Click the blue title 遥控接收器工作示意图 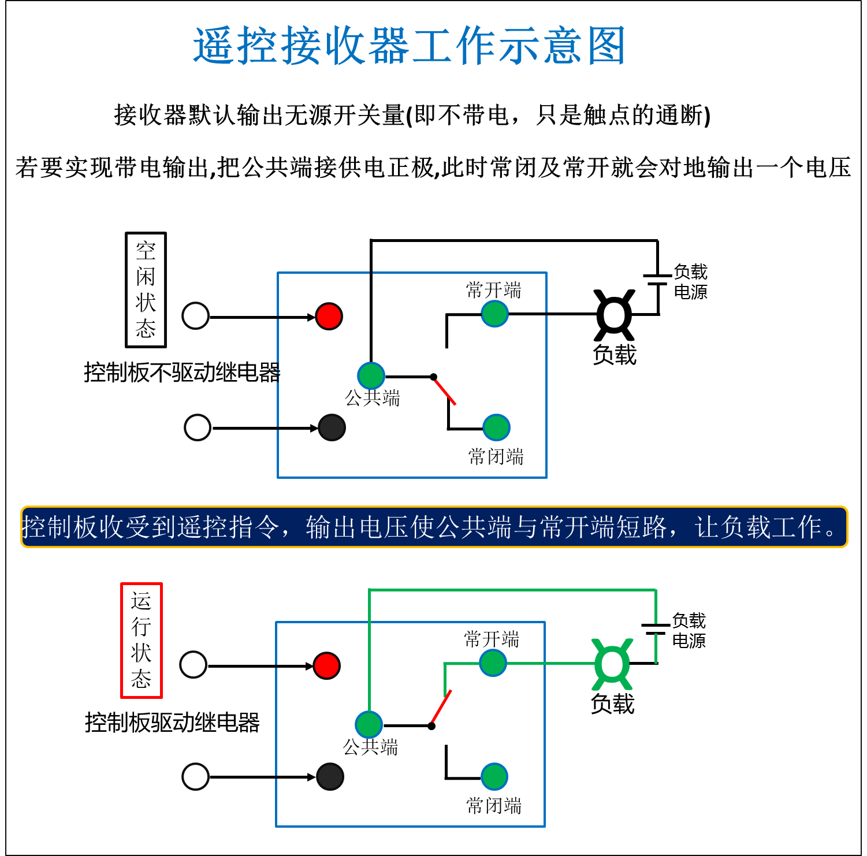409,46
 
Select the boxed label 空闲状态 146,290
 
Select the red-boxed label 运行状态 142,640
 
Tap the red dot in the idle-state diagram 329,317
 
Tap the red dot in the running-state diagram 327,666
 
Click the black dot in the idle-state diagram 332,428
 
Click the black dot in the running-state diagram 330,777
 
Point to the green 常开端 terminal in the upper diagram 494,314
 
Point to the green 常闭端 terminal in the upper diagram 496,428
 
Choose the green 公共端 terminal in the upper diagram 371,376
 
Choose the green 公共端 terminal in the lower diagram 369,725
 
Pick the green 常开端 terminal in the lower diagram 493,663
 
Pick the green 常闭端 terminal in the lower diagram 494,777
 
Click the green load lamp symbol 612,664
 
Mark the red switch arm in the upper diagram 445,391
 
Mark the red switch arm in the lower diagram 441,708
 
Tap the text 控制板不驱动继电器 182,373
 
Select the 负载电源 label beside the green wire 689,631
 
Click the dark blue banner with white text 434,527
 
